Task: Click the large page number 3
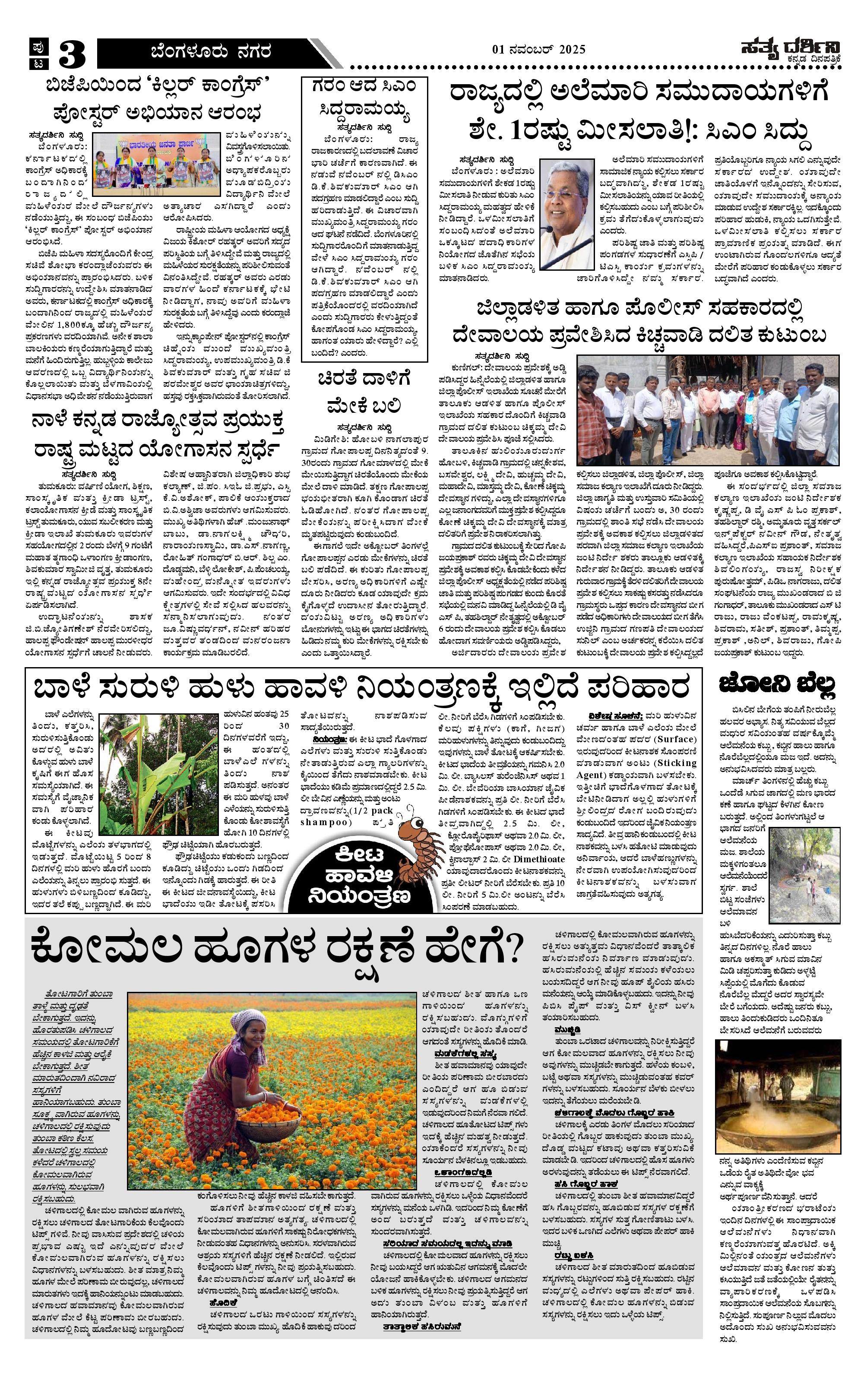(72, 55)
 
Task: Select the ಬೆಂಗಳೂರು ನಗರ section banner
(211, 53)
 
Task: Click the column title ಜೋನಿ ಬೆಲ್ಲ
(778, 684)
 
